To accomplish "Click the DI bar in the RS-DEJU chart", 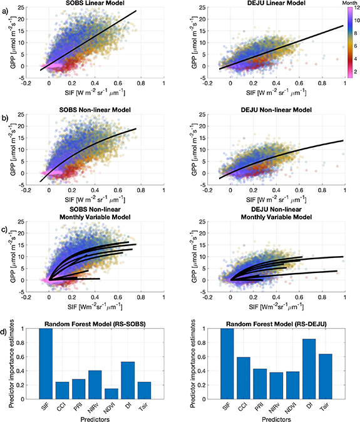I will [308, 369].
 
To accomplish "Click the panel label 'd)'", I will [6, 324].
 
